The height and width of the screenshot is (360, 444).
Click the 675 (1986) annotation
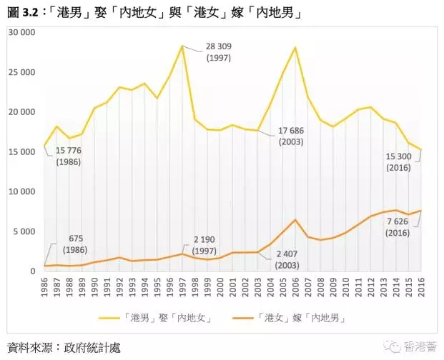tap(75, 244)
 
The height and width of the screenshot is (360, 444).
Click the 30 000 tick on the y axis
tap(21, 33)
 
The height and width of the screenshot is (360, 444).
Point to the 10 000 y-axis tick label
tap(21, 192)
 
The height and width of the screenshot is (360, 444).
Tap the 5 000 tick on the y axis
tap(23, 231)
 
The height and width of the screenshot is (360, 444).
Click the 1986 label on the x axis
tap(44, 287)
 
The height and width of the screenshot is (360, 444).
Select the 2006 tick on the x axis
tap(295, 287)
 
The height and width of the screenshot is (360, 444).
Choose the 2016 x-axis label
tap(420, 287)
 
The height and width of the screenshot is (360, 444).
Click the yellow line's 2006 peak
tap(295, 47)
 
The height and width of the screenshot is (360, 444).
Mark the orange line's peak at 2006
tap(295, 219)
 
